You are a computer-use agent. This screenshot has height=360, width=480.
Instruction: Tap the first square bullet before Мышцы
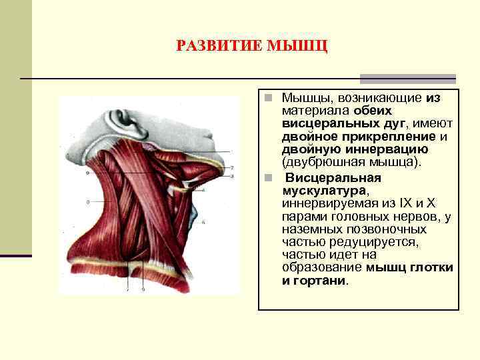point(266,98)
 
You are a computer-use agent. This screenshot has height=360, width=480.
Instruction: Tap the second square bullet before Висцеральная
point(266,178)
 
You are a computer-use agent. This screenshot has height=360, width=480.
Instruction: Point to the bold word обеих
point(373,110)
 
